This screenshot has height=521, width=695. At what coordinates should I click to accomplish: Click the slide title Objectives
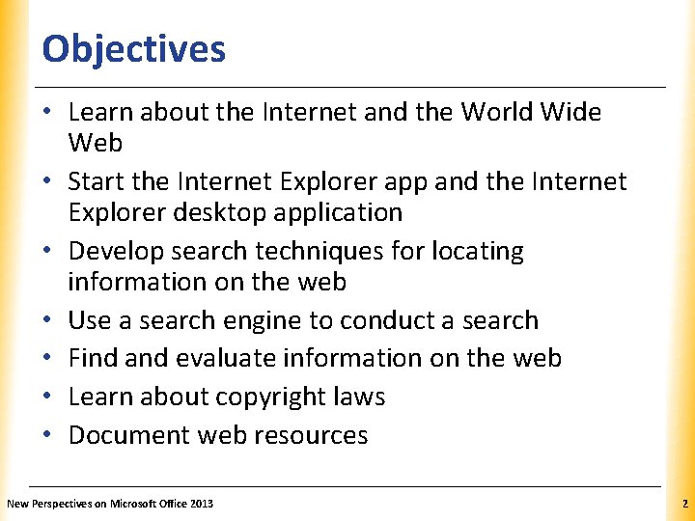click(x=134, y=48)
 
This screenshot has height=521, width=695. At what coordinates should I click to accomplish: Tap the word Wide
click(x=575, y=113)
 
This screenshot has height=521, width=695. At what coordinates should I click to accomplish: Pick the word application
click(x=343, y=213)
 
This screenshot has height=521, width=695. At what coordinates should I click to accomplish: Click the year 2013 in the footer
click(x=201, y=504)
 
